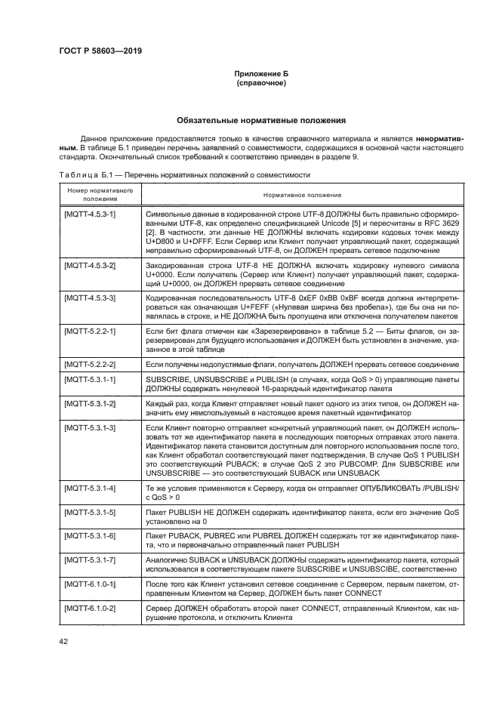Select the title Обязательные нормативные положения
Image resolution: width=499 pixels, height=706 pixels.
click(260, 119)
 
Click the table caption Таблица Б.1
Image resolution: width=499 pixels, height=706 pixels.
click(85, 174)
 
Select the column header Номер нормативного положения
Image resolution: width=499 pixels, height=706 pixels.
click(95, 195)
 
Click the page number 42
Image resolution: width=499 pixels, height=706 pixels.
click(63, 642)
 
